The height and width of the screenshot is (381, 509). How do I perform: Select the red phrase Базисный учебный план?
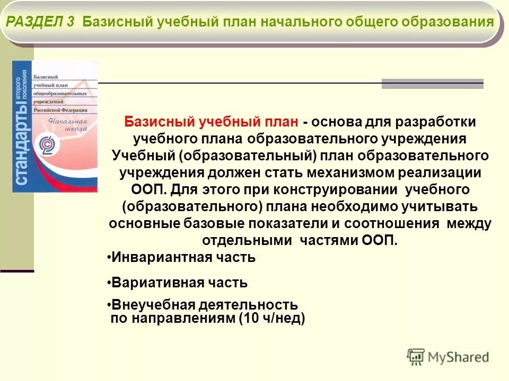point(212,122)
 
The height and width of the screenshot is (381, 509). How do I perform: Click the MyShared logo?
point(448,357)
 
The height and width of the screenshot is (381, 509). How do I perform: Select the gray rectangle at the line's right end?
point(432,84)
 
